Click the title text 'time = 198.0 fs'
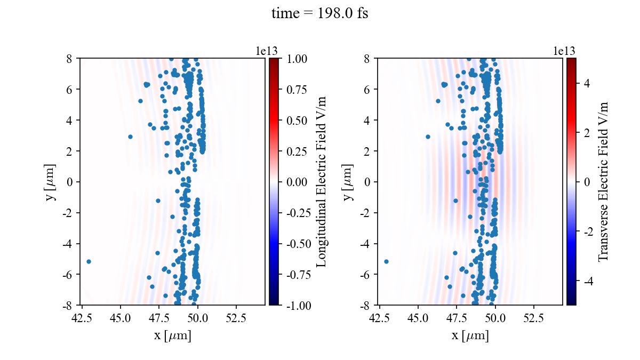[x=319, y=13]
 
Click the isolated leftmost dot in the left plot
[x=89, y=261]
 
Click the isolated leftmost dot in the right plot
[x=386, y=261]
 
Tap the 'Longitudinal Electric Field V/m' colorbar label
[x=322, y=181]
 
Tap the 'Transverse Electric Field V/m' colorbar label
[x=603, y=181]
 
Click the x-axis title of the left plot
[x=172, y=335]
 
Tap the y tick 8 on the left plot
[x=69, y=58]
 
